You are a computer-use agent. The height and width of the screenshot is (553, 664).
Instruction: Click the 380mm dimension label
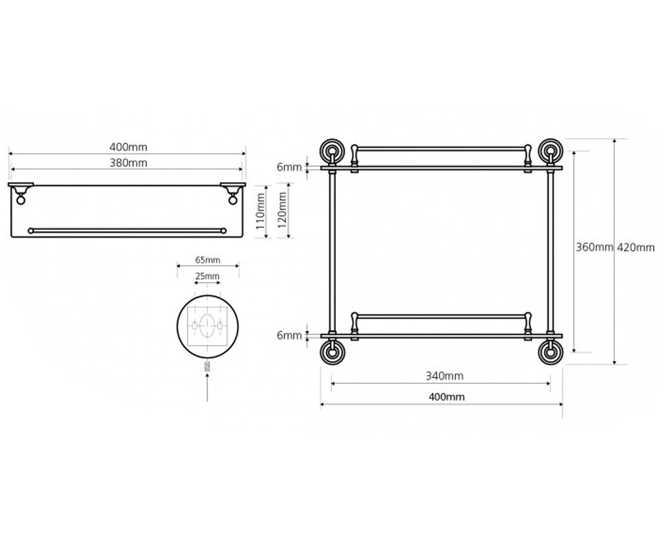[x=128, y=163]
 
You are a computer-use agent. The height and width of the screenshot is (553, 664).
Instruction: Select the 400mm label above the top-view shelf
[x=128, y=147]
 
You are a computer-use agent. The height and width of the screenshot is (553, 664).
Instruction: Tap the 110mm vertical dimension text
[x=260, y=211]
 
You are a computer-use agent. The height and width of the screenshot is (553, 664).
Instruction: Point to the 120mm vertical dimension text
[x=282, y=210]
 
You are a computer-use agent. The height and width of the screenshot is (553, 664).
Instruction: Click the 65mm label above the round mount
[x=207, y=260]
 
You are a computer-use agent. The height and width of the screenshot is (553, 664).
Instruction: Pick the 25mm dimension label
[x=207, y=276]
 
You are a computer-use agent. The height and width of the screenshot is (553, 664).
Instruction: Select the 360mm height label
[x=594, y=247]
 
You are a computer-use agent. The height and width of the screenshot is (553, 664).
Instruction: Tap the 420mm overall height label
[x=636, y=247]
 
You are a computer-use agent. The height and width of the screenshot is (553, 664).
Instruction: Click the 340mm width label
[x=444, y=376]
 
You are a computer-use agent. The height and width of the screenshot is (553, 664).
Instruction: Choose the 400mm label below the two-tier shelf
[x=447, y=397]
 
